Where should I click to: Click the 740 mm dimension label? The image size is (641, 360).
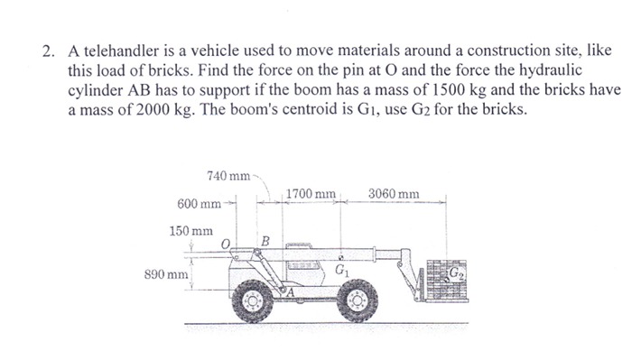(x=228, y=174)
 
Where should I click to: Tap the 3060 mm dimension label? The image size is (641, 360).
(x=394, y=194)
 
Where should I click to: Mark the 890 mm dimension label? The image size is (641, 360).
(x=166, y=272)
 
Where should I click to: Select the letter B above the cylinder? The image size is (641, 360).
(x=266, y=241)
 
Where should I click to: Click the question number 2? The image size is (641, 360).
(x=47, y=51)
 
